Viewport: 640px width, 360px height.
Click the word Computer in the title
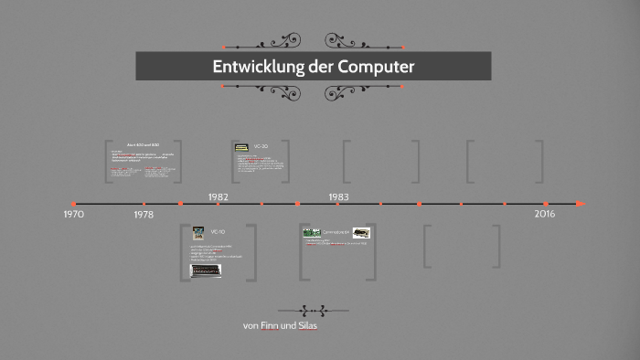click(376, 67)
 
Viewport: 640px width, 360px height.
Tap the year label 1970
click(74, 214)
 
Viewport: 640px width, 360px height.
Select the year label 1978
click(144, 215)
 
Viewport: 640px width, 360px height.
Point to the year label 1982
click(218, 196)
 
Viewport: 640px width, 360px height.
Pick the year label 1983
click(338, 196)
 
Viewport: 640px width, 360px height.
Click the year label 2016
click(545, 213)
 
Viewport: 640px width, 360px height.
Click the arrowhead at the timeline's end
click(581, 204)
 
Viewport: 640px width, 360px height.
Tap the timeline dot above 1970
click(74, 204)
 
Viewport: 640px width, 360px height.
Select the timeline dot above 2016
click(546, 204)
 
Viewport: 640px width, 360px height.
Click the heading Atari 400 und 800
click(143, 145)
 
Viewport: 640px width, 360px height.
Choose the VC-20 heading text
click(261, 146)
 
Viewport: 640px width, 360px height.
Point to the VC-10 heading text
click(218, 232)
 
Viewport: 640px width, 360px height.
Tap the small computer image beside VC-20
click(241, 146)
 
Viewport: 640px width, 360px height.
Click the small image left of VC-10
click(198, 232)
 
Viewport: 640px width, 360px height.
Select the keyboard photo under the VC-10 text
click(206, 271)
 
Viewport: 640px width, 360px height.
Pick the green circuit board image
click(311, 232)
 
